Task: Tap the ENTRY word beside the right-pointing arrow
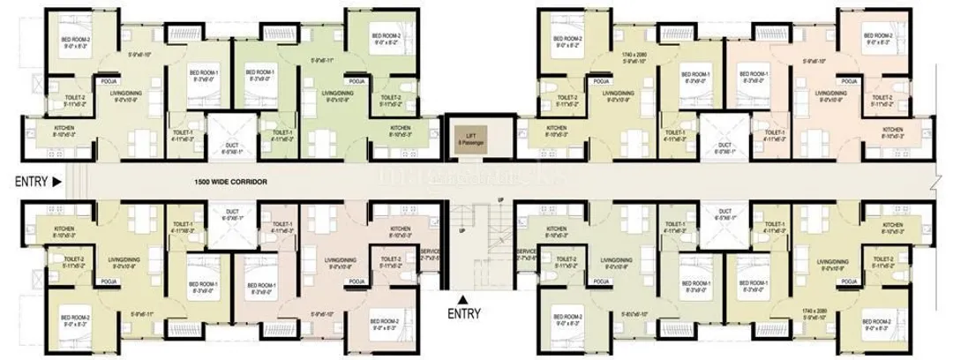(30, 183)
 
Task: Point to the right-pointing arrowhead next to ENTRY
(56, 183)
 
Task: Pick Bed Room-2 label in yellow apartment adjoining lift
(566, 40)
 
